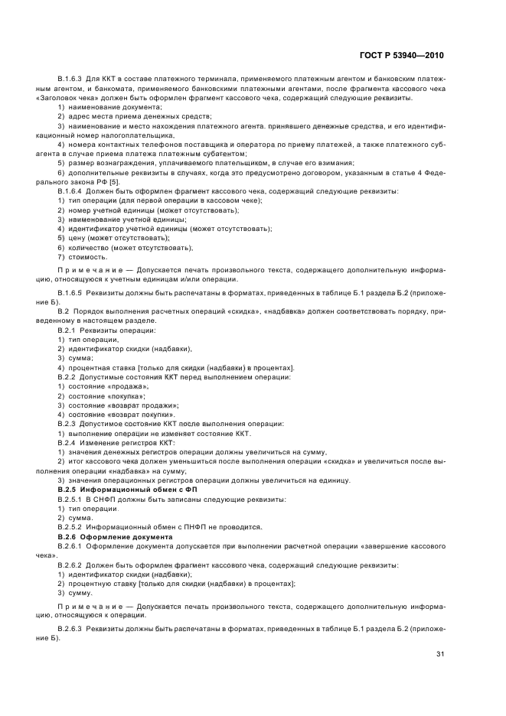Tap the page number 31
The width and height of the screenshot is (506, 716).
click(439, 654)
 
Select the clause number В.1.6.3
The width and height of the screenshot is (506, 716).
click(70, 80)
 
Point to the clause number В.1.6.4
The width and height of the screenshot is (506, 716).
click(70, 190)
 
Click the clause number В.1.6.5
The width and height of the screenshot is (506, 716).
click(70, 293)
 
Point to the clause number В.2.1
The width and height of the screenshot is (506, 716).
click(67, 330)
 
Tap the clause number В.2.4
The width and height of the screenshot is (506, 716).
click(67, 443)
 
